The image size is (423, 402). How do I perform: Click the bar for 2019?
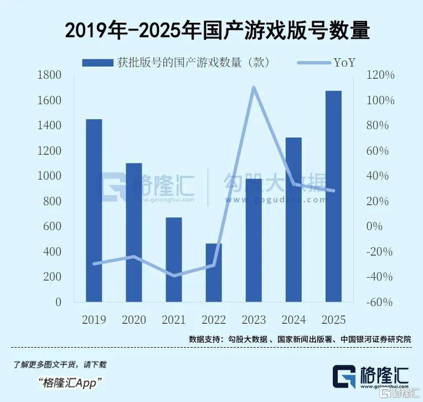[94, 211]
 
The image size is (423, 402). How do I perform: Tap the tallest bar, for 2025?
[333, 196]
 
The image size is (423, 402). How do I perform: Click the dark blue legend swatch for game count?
[97, 63]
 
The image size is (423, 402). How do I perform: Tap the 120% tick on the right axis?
[381, 75]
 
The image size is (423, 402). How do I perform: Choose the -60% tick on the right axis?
[380, 302]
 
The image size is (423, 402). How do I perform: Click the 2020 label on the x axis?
[133, 320]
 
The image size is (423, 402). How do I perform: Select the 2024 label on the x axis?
[293, 320]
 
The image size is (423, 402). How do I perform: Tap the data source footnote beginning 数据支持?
[300, 339]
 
